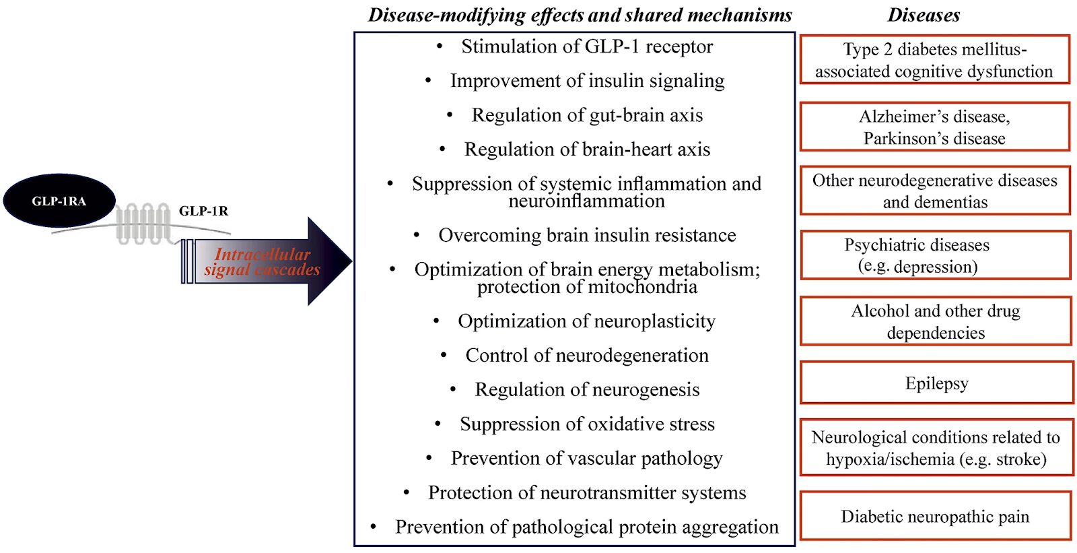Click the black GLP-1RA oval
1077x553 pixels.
(x=59, y=201)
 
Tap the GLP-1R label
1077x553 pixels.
(x=203, y=211)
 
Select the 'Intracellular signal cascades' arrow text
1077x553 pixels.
(x=262, y=262)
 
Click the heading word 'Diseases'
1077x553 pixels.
(x=924, y=15)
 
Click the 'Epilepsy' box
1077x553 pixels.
(x=936, y=383)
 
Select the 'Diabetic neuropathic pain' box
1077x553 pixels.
(x=935, y=516)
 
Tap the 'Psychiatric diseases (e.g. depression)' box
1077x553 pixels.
(x=935, y=255)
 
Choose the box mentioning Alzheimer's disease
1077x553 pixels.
(x=934, y=127)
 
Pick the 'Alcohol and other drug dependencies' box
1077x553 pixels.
(x=936, y=321)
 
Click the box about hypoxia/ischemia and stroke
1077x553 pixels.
(x=936, y=448)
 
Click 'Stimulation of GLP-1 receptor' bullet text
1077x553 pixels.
(x=586, y=46)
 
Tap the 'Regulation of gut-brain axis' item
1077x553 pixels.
(x=587, y=115)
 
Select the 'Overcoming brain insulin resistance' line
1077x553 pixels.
(x=587, y=235)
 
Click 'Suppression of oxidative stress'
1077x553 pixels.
(x=587, y=424)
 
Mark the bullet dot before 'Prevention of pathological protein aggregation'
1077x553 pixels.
(x=373, y=526)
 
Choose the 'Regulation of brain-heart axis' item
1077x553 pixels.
(x=587, y=150)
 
